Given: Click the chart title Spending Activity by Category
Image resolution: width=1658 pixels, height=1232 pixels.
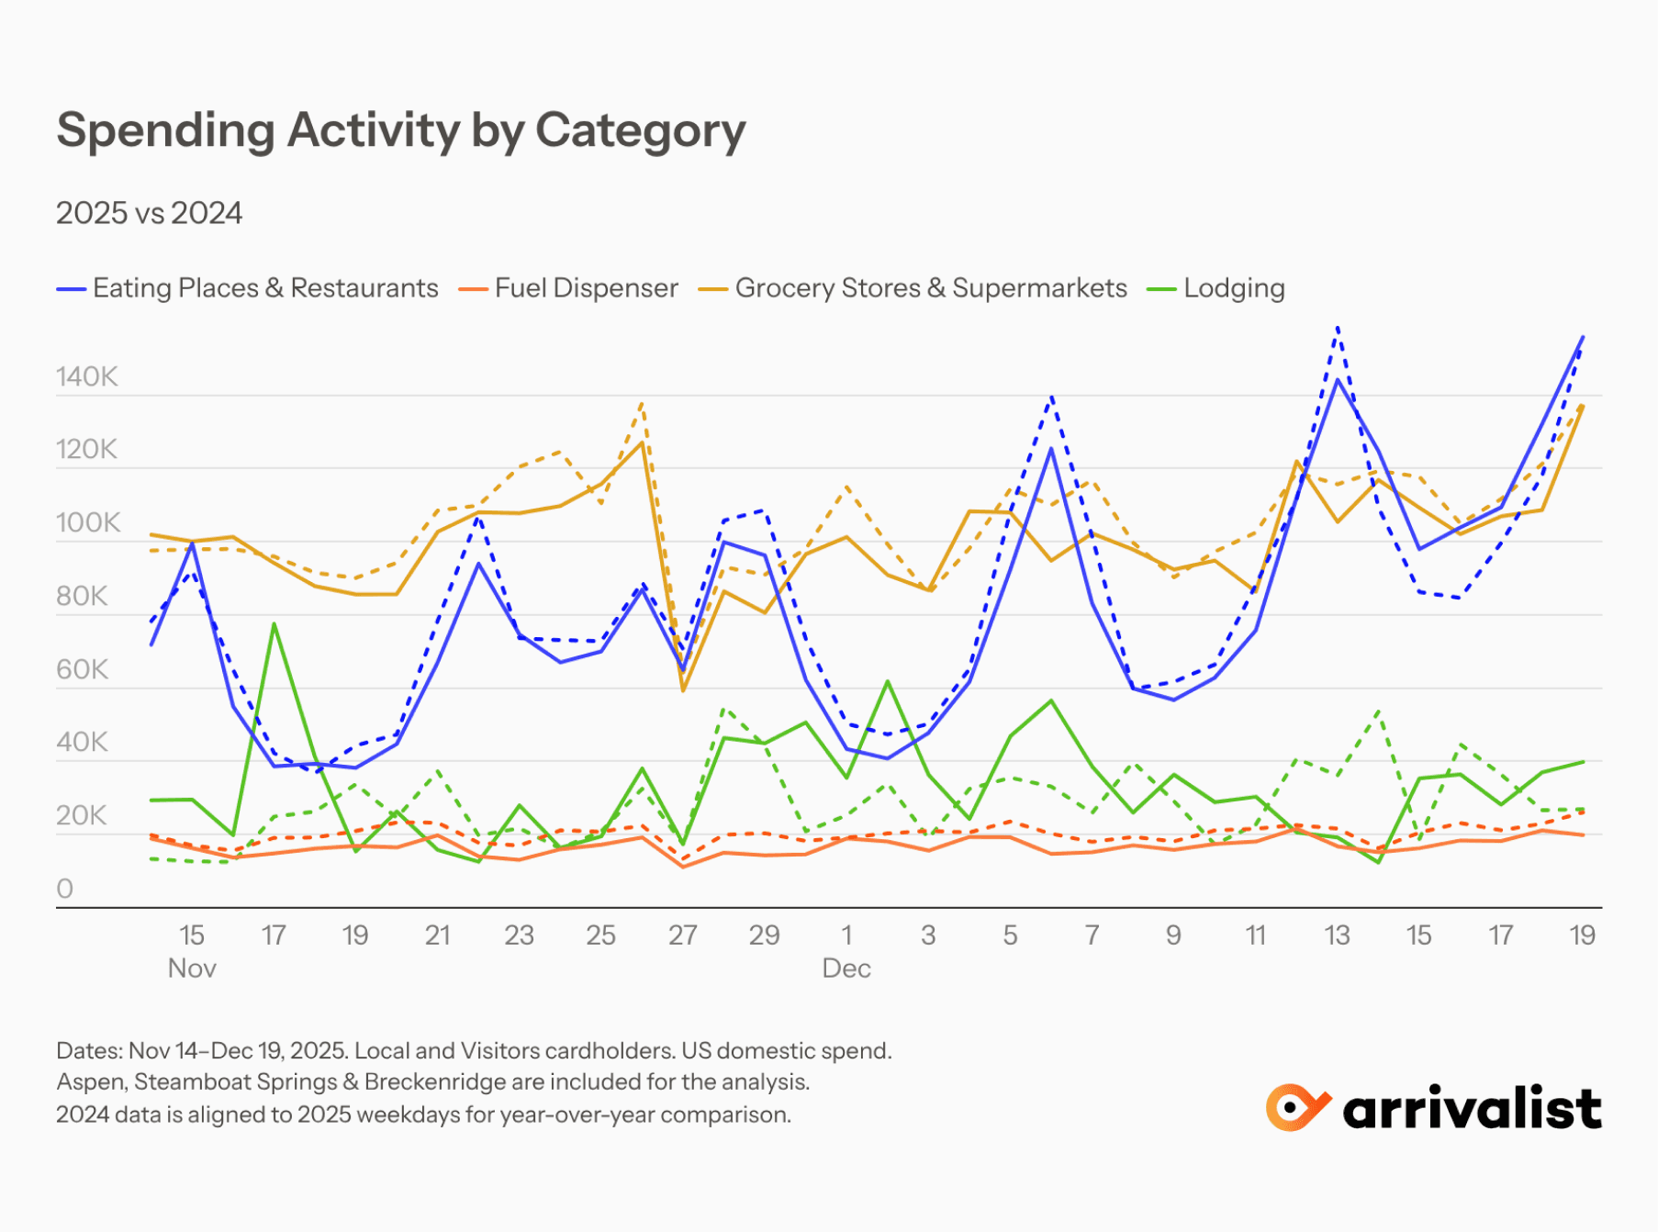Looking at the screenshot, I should point(401,130).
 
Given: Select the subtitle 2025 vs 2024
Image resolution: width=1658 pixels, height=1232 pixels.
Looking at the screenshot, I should point(149,213).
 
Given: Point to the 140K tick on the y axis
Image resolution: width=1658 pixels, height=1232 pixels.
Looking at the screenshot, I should point(86,376).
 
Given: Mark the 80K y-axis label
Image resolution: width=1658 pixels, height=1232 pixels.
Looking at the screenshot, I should point(82,596).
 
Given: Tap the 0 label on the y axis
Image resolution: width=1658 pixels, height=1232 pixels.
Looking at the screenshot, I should point(64,889).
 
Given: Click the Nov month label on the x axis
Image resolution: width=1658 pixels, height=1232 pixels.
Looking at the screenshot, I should point(192,969).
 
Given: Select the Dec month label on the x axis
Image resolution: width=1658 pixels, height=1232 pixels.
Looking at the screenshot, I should point(846,969).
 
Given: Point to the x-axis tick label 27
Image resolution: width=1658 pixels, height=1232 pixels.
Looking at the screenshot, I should point(682,935).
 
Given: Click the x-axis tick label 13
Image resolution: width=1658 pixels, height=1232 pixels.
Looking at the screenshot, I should point(1337,935).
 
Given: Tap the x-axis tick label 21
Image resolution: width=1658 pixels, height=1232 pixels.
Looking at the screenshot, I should point(437,935).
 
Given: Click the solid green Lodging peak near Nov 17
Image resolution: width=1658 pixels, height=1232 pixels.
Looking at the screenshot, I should point(274,624).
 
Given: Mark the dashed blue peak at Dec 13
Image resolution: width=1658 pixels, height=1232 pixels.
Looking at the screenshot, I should point(1338,327).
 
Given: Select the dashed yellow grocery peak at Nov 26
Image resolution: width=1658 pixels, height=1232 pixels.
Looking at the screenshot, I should point(642,402).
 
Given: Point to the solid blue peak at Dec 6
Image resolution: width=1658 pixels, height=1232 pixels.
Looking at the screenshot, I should point(1051,449).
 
